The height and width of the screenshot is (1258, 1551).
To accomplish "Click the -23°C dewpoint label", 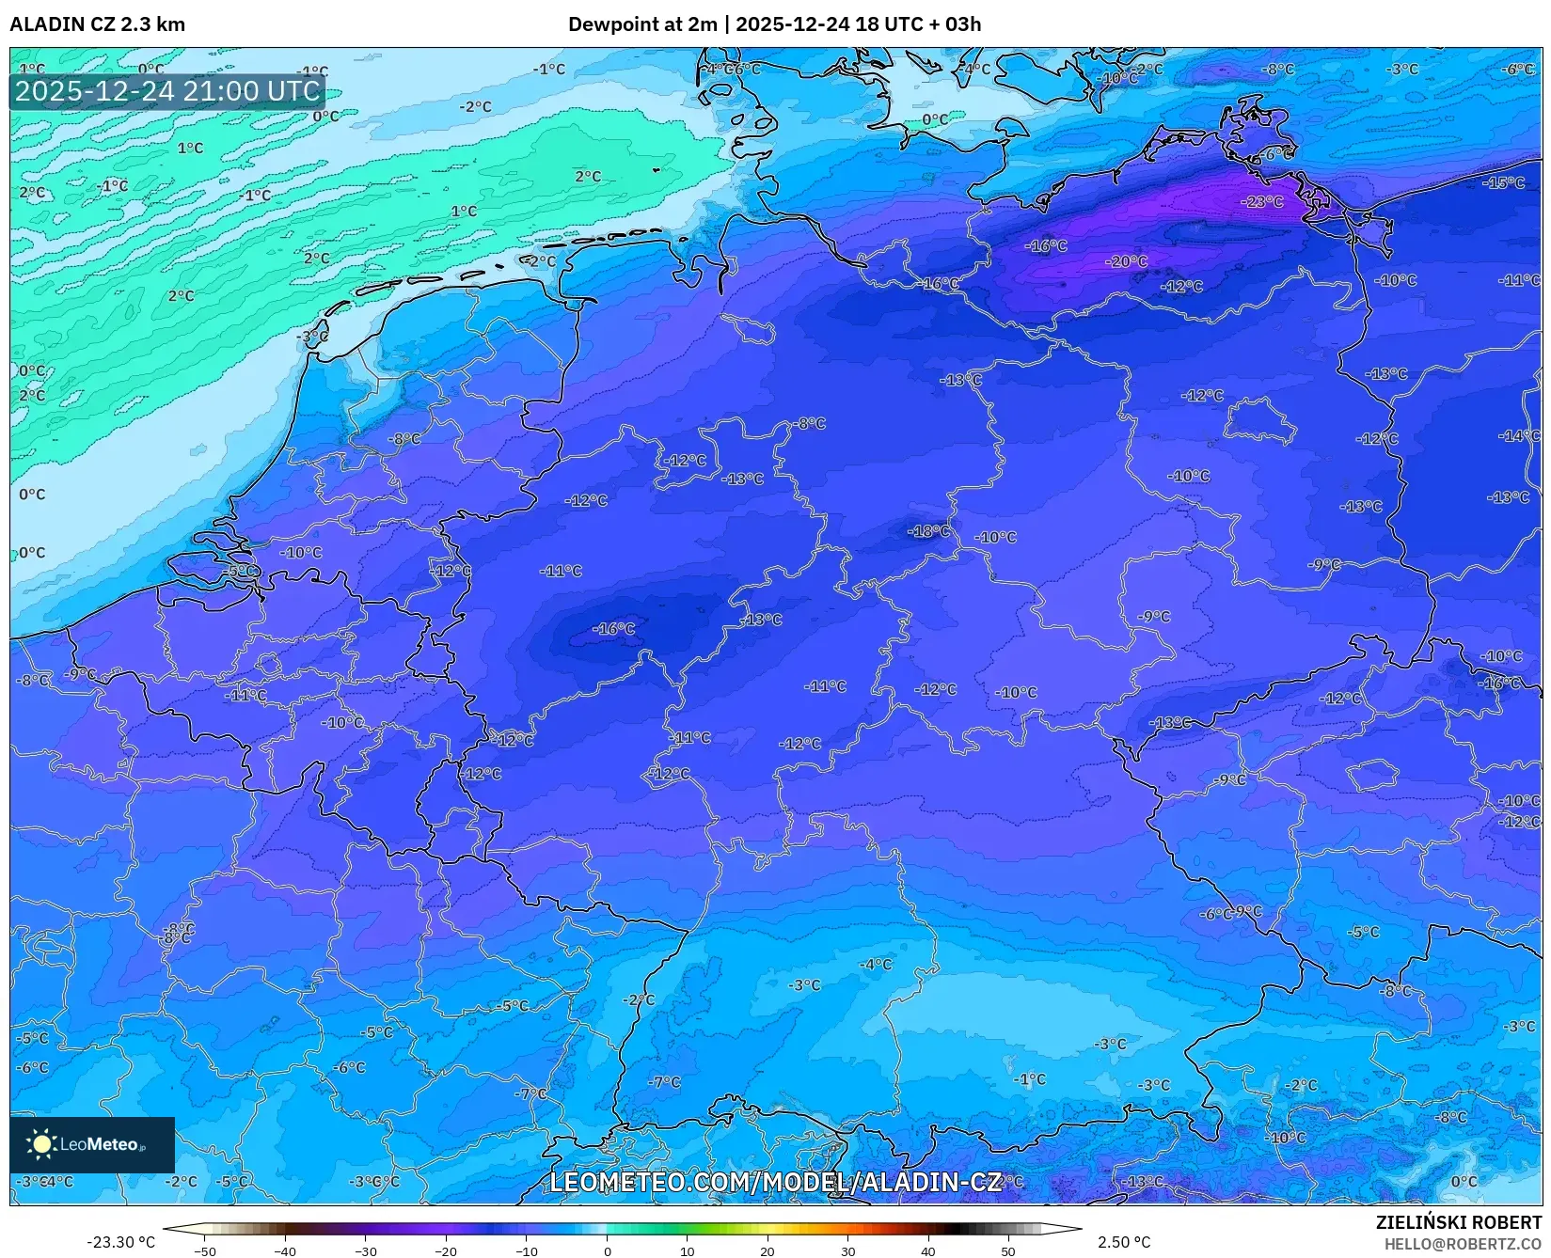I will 1261,202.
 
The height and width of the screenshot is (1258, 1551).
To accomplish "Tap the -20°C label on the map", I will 1127,261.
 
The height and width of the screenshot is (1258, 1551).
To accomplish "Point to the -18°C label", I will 928,531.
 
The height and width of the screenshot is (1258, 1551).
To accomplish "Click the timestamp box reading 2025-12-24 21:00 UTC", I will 167,91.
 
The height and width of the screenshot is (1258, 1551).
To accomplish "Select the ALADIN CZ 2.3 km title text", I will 97,24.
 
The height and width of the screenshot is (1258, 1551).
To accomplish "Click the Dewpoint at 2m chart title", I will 774,24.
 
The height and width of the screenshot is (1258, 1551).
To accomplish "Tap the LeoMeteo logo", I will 91,1144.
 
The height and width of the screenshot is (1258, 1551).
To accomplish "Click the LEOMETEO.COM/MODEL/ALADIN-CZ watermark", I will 775,1182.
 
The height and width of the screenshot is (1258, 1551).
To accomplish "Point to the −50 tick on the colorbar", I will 204,1251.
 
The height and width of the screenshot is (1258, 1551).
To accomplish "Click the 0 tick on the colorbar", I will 607,1251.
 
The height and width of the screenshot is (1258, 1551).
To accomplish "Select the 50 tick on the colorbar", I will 1008,1251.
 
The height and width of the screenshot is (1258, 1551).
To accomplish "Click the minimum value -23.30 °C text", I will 120,1242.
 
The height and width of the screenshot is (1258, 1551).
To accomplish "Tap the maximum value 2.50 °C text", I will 1124,1242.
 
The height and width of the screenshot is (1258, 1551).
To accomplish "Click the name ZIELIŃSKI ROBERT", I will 1459,1223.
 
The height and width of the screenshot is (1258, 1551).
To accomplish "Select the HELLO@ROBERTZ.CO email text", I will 1463,1244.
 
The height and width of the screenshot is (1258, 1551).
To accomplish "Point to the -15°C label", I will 1503,182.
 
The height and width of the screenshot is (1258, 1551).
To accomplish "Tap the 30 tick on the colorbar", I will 847,1251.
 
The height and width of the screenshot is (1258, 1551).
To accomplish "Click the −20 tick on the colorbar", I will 446,1251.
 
